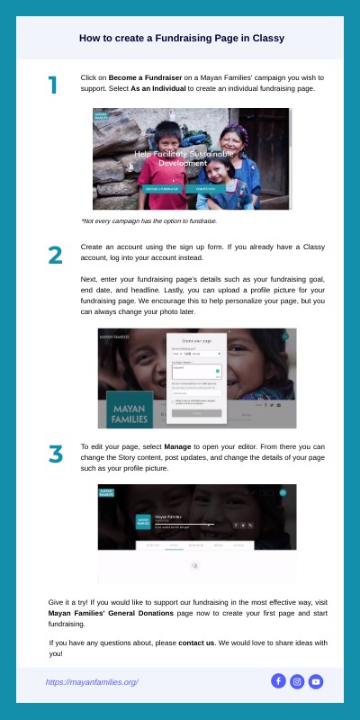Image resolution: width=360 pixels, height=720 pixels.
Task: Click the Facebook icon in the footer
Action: pos(278,681)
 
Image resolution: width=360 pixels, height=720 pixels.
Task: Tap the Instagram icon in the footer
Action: pos(297,681)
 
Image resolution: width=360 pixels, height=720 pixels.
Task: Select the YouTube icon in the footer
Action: pos(316,681)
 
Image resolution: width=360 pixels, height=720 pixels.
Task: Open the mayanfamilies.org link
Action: pos(92,682)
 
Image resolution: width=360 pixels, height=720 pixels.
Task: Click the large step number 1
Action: pos(53,85)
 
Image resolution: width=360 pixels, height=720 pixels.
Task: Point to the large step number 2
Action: pos(55,255)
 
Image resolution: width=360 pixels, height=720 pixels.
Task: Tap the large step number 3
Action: pos(55,454)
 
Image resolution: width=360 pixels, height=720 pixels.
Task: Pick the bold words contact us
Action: pos(196,643)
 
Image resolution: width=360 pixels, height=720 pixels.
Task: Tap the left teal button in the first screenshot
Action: pos(162,189)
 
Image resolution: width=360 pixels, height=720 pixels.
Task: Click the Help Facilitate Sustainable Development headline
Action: pos(184,159)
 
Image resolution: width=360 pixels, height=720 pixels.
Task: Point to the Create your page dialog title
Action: pos(198,342)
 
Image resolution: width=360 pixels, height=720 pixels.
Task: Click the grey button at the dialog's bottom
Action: pos(197,412)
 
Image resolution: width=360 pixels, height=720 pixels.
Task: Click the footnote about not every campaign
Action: pos(148,220)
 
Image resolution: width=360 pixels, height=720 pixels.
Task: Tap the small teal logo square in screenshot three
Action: pos(143,521)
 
